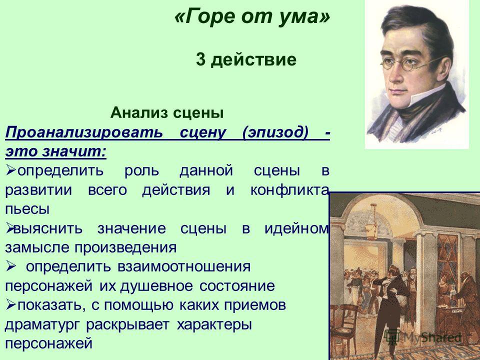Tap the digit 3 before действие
(x=200, y=59)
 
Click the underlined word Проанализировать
(x=84, y=133)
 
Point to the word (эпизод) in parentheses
(x=274, y=133)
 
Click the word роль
(x=141, y=171)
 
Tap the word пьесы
(x=27, y=209)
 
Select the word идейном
(x=296, y=228)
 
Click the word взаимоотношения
(x=184, y=266)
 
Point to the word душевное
(x=156, y=286)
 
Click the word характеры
(x=214, y=324)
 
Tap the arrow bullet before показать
(x=11, y=305)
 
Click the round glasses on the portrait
(x=407, y=63)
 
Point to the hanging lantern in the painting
(x=372, y=223)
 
